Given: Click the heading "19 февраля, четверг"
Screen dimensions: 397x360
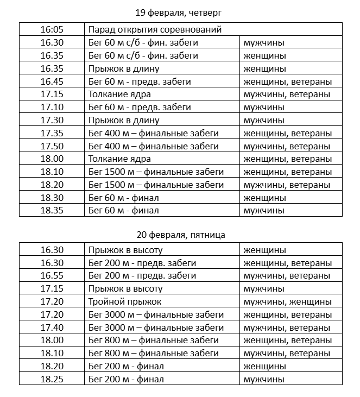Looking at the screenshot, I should (x=179, y=12).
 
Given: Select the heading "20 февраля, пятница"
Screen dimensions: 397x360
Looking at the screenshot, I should (x=180, y=235).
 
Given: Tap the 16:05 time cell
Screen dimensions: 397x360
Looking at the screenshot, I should (x=52, y=29).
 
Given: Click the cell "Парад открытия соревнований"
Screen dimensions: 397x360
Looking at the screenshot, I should (x=155, y=29).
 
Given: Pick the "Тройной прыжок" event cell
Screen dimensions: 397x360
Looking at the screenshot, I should (x=125, y=301).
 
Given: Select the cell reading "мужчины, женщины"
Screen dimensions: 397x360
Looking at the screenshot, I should (x=287, y=301).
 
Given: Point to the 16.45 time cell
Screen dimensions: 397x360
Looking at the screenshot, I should (x=52, y=81).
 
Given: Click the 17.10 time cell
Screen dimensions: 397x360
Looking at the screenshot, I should (x=52, y=108).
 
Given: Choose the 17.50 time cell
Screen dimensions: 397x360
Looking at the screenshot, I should (x=52, y=146).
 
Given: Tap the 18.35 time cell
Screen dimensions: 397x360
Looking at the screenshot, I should (x=52, y=211).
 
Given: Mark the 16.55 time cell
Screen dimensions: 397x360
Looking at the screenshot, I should (x=52, y=276).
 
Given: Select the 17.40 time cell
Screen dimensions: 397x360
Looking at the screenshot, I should (x=52, y=327).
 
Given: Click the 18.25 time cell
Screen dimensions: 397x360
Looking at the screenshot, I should (x=52, y=380).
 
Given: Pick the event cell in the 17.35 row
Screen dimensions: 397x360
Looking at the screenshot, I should (x=153, y=133).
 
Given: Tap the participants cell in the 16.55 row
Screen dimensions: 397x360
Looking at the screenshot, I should (x=287, y=276).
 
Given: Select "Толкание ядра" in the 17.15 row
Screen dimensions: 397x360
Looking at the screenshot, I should (x=119, y=94).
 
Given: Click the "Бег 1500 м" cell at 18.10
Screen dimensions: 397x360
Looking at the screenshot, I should (x=156, y=172).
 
